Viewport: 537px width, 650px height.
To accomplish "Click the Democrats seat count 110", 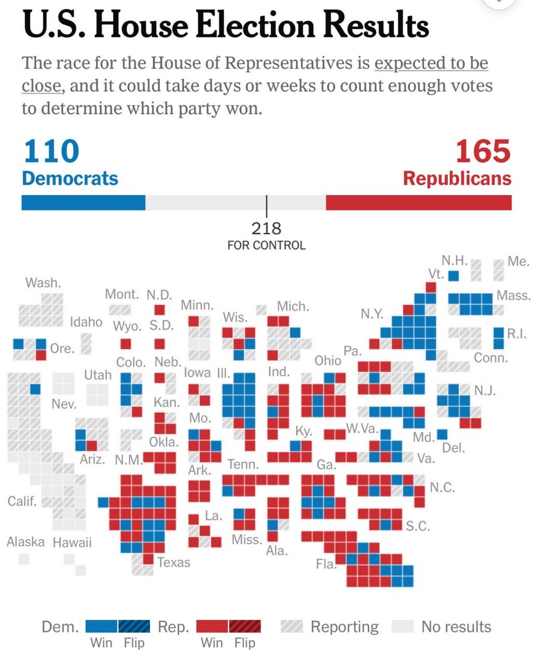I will point(51,151).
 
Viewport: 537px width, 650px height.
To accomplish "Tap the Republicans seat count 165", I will point(483,151).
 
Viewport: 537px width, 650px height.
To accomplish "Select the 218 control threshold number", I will point(266,228).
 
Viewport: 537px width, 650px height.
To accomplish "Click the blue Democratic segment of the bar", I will point(83,203).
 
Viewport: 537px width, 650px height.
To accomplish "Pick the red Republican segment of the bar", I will point(418,203).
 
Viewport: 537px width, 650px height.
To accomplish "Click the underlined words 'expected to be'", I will point(431,63).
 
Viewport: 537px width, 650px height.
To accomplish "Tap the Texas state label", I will point(174,562).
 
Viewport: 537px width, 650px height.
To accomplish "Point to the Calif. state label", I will point(22,501).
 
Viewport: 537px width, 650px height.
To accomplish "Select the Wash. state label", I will point(43,282).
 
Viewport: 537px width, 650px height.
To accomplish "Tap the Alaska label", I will point(25,542).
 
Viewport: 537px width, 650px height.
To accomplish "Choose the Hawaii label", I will point(72,542).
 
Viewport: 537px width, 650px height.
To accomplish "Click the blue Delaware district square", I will point(442,434).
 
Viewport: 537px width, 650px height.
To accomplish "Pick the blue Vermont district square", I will point(454,276).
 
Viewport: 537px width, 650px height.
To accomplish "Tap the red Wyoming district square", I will point(126,344).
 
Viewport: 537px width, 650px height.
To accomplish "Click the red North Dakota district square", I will point(159,310).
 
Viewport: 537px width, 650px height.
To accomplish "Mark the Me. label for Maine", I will point(518,262).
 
